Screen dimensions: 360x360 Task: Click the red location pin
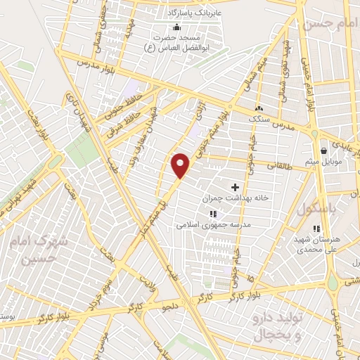(181, 165)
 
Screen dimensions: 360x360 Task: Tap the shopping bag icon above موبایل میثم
(323, 150)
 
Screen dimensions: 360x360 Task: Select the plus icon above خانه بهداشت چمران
(235, 187)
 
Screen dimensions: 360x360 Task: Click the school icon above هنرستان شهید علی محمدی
(316, 228)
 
